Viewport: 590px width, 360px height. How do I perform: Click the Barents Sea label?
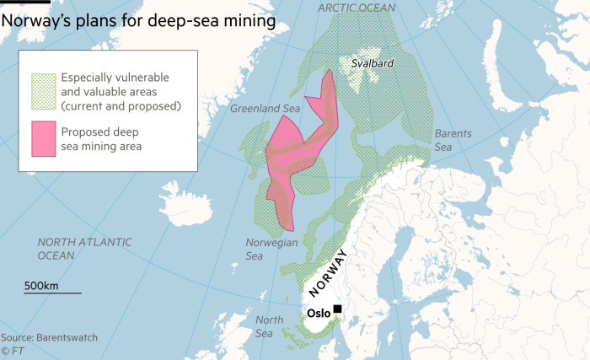click(x=448, y=140)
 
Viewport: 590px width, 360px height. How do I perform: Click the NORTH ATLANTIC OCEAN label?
click(x=84, y=248)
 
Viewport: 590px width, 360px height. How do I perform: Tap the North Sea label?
click(x=269, y=325)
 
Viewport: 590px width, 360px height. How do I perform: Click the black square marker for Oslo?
click(x=338, y=309)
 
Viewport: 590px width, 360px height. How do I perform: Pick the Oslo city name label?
click(x=318, y=312)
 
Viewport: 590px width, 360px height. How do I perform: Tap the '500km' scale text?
click(x=40, y=286)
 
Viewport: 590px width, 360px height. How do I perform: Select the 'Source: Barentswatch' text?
click(x=49, y=337)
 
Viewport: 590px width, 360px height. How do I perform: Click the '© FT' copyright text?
click(x=12, y=350)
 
